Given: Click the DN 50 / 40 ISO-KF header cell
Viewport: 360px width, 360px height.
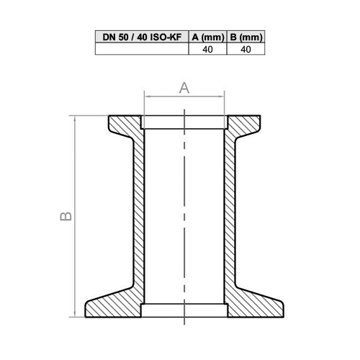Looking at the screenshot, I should tap(140, 37).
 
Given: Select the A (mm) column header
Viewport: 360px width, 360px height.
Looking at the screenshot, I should tap(206, 37).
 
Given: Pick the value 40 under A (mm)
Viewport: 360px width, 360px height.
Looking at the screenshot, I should tap(206, 49).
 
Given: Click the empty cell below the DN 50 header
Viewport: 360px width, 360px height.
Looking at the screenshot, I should tap(140, 49).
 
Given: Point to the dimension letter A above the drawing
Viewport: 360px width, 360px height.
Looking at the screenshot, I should tap(184, 88).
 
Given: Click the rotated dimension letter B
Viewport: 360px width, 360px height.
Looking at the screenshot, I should tap(64, 215).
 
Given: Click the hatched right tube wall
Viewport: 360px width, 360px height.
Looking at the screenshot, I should tap(232, 216).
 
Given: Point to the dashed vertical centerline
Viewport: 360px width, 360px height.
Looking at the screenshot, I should tap(185, 216).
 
